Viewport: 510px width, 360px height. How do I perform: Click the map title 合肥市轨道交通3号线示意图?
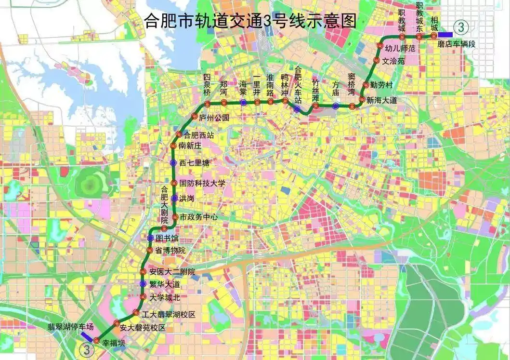click(x=250, y=21)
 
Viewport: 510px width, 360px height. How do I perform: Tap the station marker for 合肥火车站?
click(x=297, y=109)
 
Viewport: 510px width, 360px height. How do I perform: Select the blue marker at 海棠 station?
click(x=244, y=102)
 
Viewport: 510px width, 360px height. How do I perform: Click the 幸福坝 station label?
click(x=113, y=344)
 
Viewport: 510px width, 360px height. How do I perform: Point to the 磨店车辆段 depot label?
click(x=456, y=44)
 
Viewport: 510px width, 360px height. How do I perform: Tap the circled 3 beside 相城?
click(x=461, y=27)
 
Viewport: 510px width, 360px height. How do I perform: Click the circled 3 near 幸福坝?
click(x=87, y=347)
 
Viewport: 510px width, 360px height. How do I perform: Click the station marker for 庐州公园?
click(x=195, y=117)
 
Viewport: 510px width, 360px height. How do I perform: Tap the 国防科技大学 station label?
click(x=202, y=183)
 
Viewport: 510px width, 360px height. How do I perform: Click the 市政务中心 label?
click(x=198, y=217)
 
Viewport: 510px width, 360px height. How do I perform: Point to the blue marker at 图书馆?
click(x=151, y=238)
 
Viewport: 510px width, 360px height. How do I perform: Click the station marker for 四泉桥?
click(x=208, y=104)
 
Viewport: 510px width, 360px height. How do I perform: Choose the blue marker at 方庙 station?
click(x=336, y=106)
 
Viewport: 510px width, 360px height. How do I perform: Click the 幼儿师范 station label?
click(x=399, y=48)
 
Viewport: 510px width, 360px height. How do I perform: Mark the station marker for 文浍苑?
click(x=377, y=61)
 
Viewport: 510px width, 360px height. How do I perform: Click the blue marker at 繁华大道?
click(x=143, y=283)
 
